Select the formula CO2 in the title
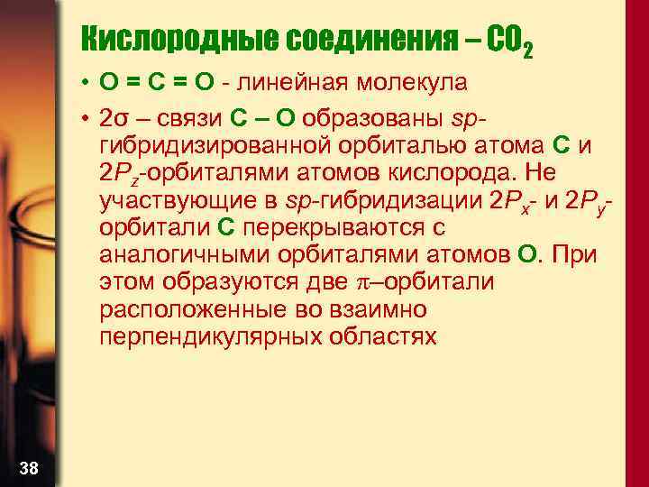click(509, 40)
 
